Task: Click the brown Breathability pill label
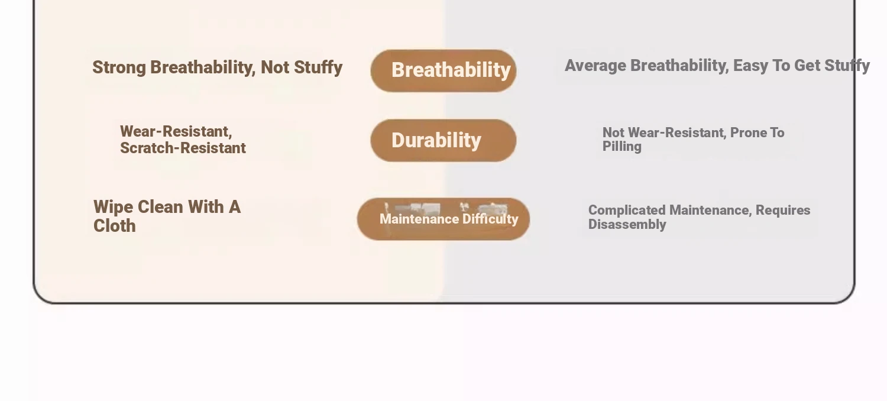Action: [x=444, y=71]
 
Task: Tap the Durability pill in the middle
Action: [x=444, y=140]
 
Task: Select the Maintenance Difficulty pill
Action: [x=444, y=219]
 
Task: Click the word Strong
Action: [x=119, y=68]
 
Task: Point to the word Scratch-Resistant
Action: [x=183, y=148]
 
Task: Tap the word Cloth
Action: [x=115, y=226]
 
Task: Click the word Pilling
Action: [x=621, y=146]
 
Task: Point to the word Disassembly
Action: [x=627, y=224]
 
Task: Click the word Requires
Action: [x=783, y=210]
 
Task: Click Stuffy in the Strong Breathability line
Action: [x=318, y=68]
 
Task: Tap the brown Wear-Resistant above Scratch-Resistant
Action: [x=176, y=131]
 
